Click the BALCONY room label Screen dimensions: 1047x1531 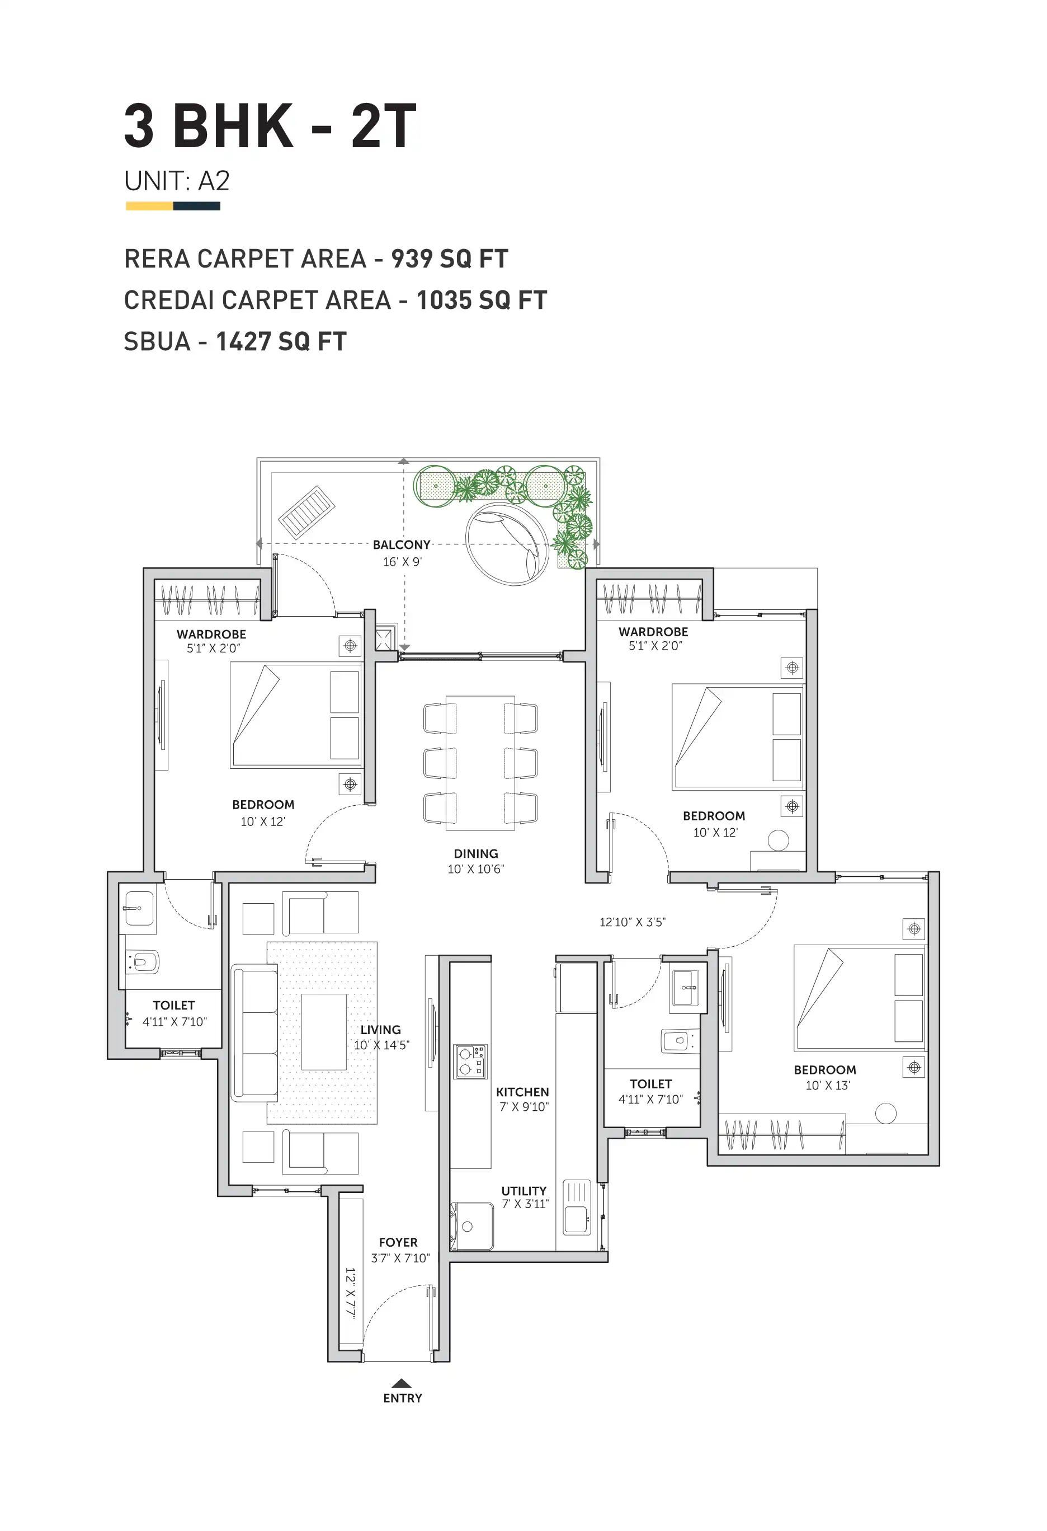(401, 545)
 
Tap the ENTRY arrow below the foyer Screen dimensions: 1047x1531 (402, 1383)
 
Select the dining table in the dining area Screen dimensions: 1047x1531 (480, 762)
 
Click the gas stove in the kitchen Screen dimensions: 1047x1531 (470, 1062)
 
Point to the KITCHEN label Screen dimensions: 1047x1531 (522, 1092)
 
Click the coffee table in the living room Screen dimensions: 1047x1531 (324, 1032)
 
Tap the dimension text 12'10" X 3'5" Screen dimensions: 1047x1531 (632, 922)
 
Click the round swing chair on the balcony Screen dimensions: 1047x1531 (506, 544)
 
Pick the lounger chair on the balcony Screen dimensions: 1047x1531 (306, 513)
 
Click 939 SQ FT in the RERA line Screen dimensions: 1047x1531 (450, 259)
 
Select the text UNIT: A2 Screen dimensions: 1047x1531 (177, 181)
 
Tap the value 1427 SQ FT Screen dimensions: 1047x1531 (281, 342)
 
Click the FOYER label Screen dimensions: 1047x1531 (398, 1242)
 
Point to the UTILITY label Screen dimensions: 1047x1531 (523, 1191)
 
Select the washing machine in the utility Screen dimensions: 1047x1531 (471, 1226)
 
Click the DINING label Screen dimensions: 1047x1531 (475, 854)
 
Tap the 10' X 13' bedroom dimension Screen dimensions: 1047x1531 (828, 1086)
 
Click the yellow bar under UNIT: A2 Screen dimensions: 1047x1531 (149, 206)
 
